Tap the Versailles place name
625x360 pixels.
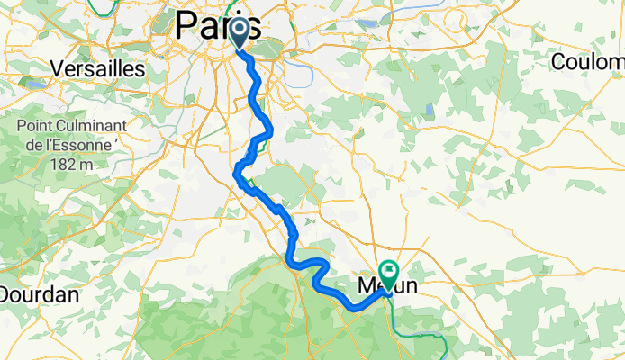[x=98, y=68]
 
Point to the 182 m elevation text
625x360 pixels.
[x=73, y=164]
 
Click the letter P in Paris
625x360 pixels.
[x=187, y=22]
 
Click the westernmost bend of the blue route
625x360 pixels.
[x=237, y=173]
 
